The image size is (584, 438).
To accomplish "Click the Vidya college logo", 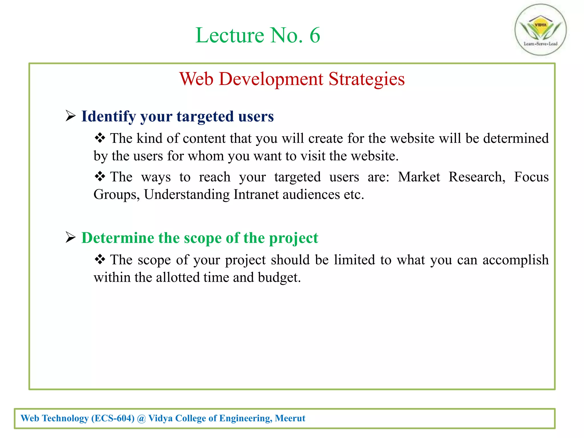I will coord(540,30).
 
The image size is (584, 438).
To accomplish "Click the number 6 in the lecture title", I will coord(315,35).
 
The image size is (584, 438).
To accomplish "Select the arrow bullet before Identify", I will coord(70,116).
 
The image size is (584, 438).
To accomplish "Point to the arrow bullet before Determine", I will coord(70,237).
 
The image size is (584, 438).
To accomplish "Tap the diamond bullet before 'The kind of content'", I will coord(100,138).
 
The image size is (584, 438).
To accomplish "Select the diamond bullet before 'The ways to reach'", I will coord(100,177).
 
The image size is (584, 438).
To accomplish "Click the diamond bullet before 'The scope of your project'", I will coord(100,259).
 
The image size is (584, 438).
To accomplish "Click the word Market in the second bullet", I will coord(419,177).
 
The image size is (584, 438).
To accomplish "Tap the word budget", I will coord(279,277).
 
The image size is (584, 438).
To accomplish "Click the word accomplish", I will coord(515,260).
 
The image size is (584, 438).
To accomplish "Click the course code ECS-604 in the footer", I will coord(113,418).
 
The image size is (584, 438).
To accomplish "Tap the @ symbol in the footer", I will coord(141,418).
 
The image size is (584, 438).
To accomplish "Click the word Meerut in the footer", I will coord(290,418).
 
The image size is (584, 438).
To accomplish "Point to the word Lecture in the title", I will coord(230,35).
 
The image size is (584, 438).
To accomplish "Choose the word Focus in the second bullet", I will coord(531,177).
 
